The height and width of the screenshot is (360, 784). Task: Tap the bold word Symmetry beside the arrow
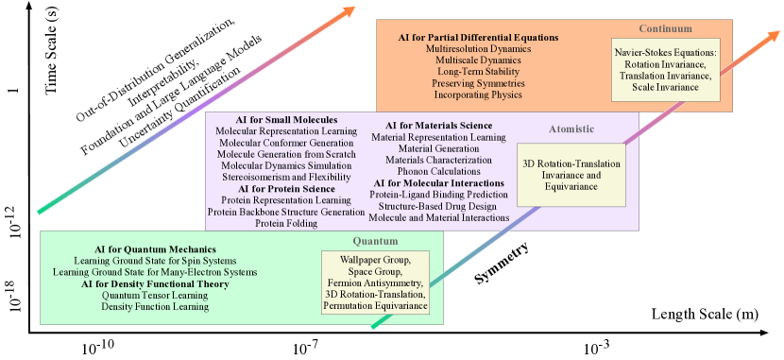coord(500,266)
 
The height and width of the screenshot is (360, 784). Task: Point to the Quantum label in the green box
coord(375,241)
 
